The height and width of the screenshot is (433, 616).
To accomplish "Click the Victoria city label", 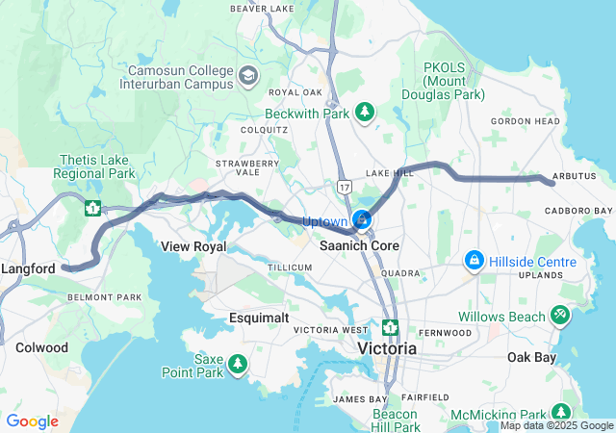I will tap(387, 348).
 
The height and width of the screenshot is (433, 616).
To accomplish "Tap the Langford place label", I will tap(28, 269).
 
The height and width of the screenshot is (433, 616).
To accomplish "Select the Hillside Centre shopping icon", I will tap(474, 261).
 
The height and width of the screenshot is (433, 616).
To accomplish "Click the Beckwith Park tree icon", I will tap(364, 113).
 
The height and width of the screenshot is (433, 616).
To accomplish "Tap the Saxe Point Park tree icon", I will tap(237, 366).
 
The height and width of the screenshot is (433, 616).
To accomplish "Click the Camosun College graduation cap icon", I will tap(248, 75).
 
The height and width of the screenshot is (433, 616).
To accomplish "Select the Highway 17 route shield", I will tap(344, 184).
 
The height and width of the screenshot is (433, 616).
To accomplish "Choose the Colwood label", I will tap(41, 347).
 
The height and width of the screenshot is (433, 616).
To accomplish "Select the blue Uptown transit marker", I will tap(362, 220).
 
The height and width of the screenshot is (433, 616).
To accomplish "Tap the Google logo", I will tap(32, 421).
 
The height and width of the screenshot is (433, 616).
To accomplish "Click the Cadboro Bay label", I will tap(578, 211).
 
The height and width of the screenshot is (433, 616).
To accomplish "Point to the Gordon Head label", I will tap(525, 121).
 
